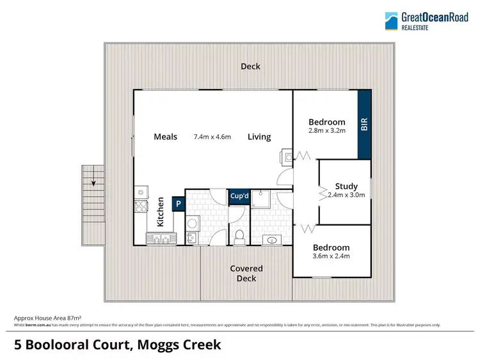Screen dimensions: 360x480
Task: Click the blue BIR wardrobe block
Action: click(x=364, y=124)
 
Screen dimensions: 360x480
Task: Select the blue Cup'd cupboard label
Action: click(x=239, y=196)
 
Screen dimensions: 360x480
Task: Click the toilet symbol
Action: click(x=239, y=237)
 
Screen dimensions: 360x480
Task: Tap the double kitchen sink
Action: click(x=161, y=239)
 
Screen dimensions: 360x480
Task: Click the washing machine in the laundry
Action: click(x=193, y=223)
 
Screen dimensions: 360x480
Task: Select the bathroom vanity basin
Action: click(x=273, y=240)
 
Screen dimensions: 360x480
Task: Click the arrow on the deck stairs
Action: click(x=94, y=183)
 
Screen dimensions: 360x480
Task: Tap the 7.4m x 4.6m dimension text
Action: click(x=212, y=137)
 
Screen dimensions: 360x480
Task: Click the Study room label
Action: click(x=346, y=187)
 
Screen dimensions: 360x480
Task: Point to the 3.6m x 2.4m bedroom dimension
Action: click(x=331, y=256)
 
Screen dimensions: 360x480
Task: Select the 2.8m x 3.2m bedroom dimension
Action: click(x=326, y=131)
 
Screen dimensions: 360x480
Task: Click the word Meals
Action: click(x=165, y=136)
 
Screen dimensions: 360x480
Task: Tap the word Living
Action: click(x=259, y=137)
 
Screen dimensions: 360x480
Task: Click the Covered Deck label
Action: click(x=246, y=273)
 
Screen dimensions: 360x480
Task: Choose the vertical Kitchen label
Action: click(x=161, y=213)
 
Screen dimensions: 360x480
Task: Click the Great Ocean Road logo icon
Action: click(x=391, y=20)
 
